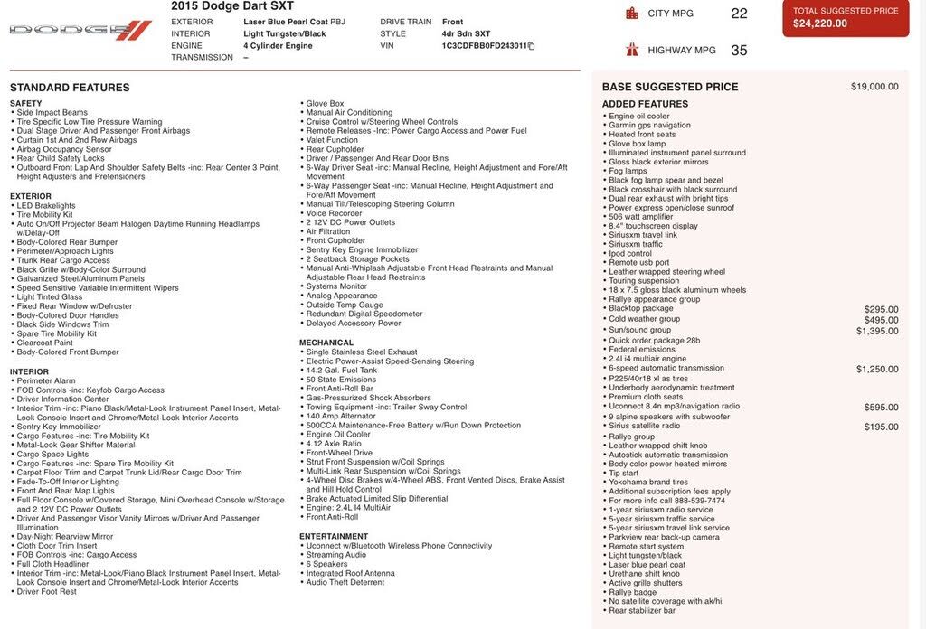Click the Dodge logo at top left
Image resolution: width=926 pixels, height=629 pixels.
(80, 30)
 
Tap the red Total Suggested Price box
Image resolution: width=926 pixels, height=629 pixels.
(846, 17)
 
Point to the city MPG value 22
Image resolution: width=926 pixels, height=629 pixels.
(739, 14)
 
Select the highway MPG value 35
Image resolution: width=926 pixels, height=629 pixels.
(739, 51)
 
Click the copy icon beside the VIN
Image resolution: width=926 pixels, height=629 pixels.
(532, 46)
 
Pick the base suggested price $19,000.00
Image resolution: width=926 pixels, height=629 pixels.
(874, 87)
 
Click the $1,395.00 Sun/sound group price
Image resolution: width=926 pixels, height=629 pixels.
(877, 332)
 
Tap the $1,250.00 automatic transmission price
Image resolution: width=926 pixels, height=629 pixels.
(877, 370)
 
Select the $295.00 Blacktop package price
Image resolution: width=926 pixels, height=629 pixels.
(881, 309)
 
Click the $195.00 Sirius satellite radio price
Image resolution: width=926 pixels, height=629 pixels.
(881, 427)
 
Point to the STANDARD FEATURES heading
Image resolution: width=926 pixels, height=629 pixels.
(70, 88)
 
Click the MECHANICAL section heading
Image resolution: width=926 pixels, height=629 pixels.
(326, 343)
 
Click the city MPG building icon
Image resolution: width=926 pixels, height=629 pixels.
(632, 14)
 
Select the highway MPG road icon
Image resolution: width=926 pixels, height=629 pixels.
(632, 50)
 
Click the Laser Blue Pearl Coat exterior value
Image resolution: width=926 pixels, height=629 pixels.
(281, 22)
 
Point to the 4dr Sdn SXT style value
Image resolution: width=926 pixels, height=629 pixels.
(468, 33)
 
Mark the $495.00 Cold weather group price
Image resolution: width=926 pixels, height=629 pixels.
(881, 320)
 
